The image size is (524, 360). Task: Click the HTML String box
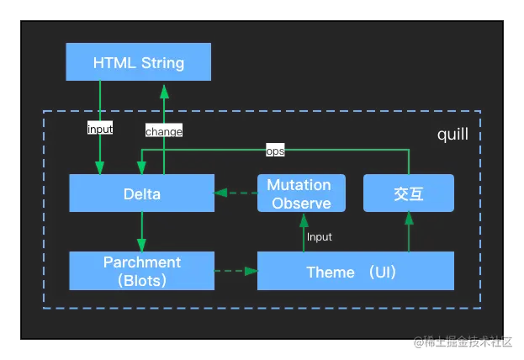(x=138, y=62)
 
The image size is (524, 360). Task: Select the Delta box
(x=141, y=193)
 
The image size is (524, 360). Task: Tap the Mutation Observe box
(x=301, y=193)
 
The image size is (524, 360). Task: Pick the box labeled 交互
(x=409, y=193)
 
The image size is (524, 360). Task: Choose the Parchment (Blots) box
(x=141, y=271)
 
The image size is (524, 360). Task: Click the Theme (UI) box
(x=356, y=271)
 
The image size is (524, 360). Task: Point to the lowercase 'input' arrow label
(x=100, y=129)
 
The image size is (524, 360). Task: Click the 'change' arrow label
(x=164, y=131)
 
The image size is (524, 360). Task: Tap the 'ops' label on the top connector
(x=275, y=151)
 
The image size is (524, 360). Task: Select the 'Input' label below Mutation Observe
(x=319, y=237)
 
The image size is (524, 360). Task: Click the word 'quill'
(x=453, y=135)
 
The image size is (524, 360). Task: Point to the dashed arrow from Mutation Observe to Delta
(x=236, y=193)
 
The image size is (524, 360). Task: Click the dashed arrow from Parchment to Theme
(x=236, y=271)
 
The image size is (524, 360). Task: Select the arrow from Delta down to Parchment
(x=141, y=231)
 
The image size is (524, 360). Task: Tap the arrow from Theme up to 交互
(x=409, y=231)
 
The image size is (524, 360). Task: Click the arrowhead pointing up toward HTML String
(x=164, y=92)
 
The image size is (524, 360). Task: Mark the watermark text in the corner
(x=463, y=341)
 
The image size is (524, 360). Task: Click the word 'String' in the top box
(x=162, y=63)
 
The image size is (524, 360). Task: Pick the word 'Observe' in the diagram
(x=301, y=204)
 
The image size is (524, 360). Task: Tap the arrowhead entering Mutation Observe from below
(x=304, y=220)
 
